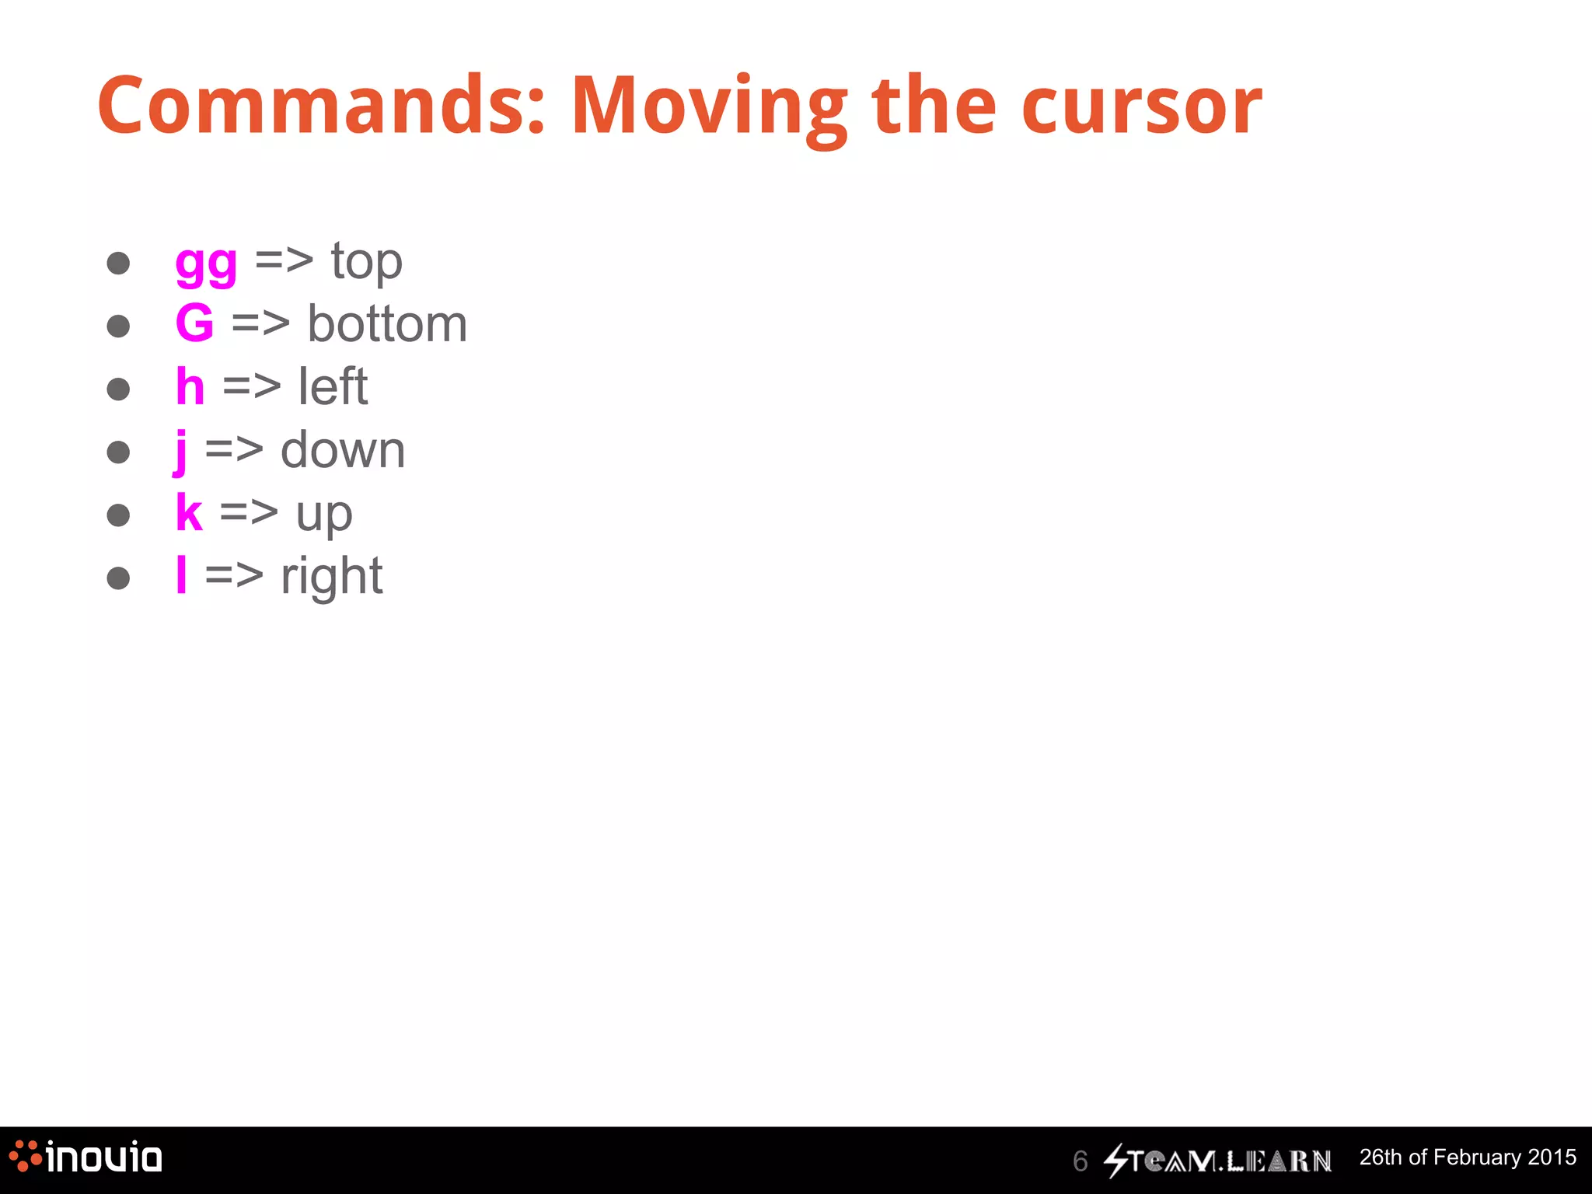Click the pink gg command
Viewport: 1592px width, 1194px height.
(206, 264)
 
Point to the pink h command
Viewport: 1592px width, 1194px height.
(190, 386)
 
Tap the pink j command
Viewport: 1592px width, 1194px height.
(180, 451)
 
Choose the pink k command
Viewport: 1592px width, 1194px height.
(189, 513)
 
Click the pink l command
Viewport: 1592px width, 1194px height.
(181, 575)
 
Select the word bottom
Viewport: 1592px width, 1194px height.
(387, 323)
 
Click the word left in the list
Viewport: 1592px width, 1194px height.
(333, 386)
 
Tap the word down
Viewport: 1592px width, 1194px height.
(343, 450)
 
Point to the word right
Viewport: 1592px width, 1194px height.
(331, 578)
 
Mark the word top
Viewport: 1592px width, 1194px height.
(366, 263)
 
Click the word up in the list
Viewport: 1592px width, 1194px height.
(324, 515)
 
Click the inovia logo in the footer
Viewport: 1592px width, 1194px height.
(86, 1157)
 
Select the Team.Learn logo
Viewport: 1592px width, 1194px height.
(1217, 1161)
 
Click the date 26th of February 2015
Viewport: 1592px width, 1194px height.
(1468, 1157)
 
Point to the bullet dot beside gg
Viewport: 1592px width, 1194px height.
(118, 263)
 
